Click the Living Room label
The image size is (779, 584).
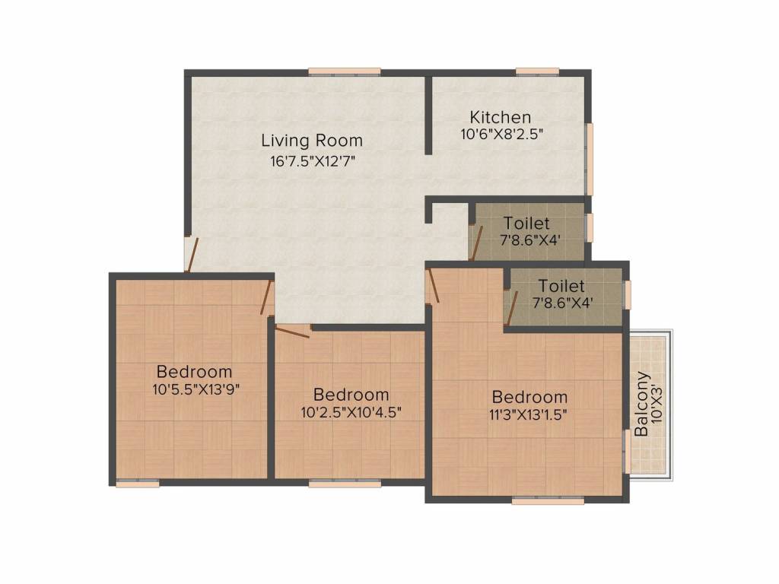tap(312, 141)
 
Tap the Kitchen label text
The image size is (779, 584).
tap(501, 117)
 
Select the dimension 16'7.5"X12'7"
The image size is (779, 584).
tap(312, 161)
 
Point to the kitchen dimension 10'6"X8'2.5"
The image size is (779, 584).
tap(502, 134)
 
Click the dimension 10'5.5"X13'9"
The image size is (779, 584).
tap(196, 389)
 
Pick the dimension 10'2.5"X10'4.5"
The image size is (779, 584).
tap(351, 412)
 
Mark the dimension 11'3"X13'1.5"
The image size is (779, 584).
tap(528, 414)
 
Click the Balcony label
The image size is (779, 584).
tap(641, 404)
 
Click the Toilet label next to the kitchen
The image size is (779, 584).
tap(526, 223)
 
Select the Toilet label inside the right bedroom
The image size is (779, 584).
tap(561, 286)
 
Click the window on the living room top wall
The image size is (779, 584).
tap(345, 72)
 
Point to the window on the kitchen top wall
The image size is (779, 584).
tap(537, 72)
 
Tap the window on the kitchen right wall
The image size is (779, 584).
tap(590, 159)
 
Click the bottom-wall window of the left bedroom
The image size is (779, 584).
tap(138, 483)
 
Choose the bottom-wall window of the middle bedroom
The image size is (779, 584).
tap(345, 483)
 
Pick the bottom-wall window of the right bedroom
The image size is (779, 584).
tap(548, 501)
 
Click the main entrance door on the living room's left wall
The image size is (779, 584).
tap(191, 255)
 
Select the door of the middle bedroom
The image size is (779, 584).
tap(293, 332)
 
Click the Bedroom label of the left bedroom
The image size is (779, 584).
tap(194, 371)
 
